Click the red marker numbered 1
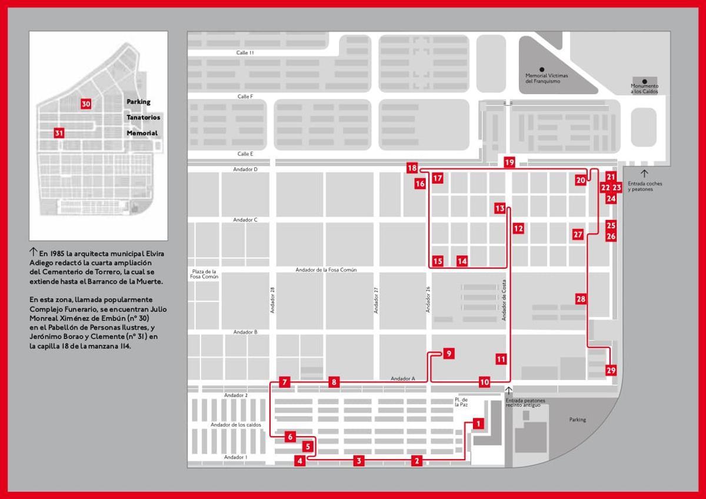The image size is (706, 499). pyautogui.click(x=478, y=423)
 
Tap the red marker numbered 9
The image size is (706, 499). pyautogui.click(x=448, y=354)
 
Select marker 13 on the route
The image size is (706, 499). pyautogui.click(x=500, y=208)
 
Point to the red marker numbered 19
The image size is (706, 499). pyautogui.click(x=509, y=162)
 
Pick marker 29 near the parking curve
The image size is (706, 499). pyautogui.click(x=611, y=370)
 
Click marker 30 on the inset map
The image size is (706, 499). pyautogui.click(x=86, y=104)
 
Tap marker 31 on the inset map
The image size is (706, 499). pyautogui.click(x=59, y=133)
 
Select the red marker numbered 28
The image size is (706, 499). pyautogui.click(x=581, y=299)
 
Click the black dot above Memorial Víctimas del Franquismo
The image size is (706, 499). pyautogui.click(x=542, y=69)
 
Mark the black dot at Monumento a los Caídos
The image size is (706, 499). pyautogui.click(x=645, y=81)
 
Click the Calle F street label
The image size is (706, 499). pyautogui.click(x=245, y=97)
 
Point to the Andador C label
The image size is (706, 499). pyautogui.click(x=245, y=220)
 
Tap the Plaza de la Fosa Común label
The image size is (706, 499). pyautogui.click(x=204, y=274)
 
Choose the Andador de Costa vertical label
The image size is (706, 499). pyautogui.click(x=504, y=300)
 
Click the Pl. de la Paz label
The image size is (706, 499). pyautogui.click(x=461, y=402)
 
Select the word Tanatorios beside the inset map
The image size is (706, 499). pyautogui.click(x=143, y=117)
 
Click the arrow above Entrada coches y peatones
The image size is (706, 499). pyautogui.click(x=644, y=174)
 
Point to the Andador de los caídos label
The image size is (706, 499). pyautogui.click(x=235, y=425)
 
